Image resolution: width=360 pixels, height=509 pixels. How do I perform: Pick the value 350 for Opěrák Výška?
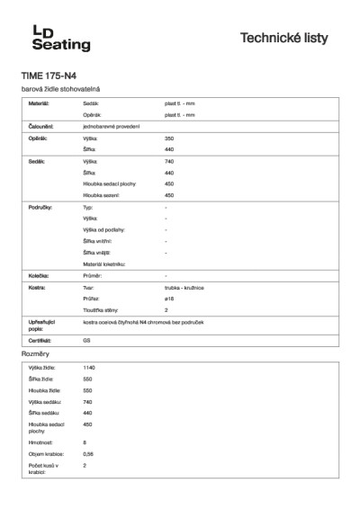169,138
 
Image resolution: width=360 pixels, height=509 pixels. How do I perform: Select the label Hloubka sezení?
101,194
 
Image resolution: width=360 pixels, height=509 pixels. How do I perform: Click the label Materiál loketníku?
103,263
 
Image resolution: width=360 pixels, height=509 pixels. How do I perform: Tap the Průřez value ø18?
169,298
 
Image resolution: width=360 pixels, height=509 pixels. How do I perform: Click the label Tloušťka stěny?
101,308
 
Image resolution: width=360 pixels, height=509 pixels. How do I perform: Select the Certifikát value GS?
86,342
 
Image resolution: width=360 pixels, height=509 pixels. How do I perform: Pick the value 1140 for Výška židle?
88,368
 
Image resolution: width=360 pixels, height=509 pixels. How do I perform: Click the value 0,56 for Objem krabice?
88,454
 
